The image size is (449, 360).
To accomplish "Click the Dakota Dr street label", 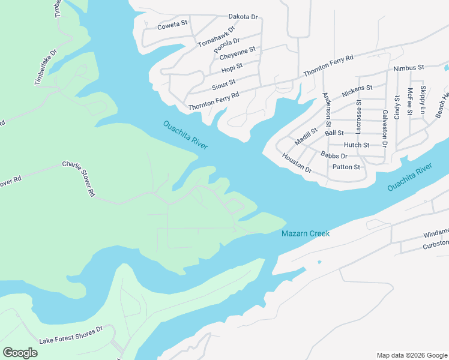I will (x=243, y=17).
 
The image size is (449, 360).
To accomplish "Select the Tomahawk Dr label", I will (x=215, y=37).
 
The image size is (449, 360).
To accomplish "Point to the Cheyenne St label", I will (x=238, y=53).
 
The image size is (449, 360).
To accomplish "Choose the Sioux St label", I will (x=223, y=83).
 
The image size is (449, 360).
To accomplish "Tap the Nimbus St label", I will (x=409, y=68).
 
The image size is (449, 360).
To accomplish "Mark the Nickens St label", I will (x=357, y=91).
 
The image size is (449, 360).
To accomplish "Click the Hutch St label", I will (x=357, y=145).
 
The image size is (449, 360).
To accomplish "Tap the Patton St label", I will (x=346, y=167).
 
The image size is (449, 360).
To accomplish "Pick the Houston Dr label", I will (x=297, y=163).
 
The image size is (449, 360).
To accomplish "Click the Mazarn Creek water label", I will (x=306, y=233).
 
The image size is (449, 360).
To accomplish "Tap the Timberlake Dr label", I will (x=46, y=67).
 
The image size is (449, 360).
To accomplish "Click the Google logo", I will (x=20, y=353).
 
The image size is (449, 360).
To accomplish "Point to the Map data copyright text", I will (x=411, y=355).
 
